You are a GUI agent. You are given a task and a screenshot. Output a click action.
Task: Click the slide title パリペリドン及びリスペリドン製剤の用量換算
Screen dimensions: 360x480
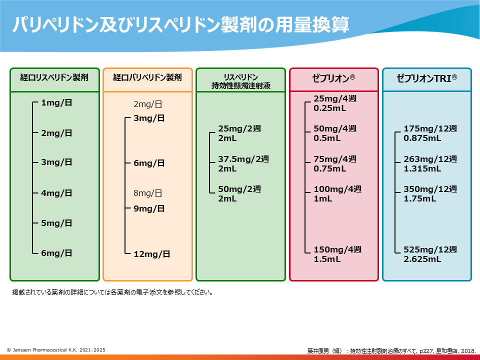(180, 24)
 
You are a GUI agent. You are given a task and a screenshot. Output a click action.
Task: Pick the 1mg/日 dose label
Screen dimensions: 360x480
(56, 102)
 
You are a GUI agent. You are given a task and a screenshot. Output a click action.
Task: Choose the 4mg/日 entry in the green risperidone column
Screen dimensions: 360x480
(56, 193)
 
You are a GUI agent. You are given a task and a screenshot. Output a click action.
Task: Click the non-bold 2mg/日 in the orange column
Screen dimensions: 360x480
(148, 104)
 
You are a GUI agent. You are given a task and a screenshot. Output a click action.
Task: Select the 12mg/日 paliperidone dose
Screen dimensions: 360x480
(152, 254)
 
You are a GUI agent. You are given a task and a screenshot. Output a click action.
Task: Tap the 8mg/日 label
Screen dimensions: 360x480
(148, 193)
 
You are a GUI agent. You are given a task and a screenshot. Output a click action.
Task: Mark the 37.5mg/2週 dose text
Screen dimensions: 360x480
(243, 159)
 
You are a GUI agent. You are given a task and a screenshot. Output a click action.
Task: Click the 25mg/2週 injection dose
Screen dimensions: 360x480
(239, 128)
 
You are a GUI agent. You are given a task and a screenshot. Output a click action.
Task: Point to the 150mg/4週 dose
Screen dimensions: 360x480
(337, 249)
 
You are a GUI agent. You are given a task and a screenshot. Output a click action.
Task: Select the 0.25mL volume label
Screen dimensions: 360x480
(330, 108)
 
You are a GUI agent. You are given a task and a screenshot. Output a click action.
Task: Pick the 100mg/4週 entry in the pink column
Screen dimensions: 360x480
(337, 189)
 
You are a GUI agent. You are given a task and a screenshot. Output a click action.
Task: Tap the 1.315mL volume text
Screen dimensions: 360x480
(422, 168)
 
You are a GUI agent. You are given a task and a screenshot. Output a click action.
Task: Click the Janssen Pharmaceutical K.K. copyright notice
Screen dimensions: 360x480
(56, 350)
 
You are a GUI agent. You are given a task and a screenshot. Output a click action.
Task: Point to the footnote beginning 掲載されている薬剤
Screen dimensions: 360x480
(112, 292)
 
